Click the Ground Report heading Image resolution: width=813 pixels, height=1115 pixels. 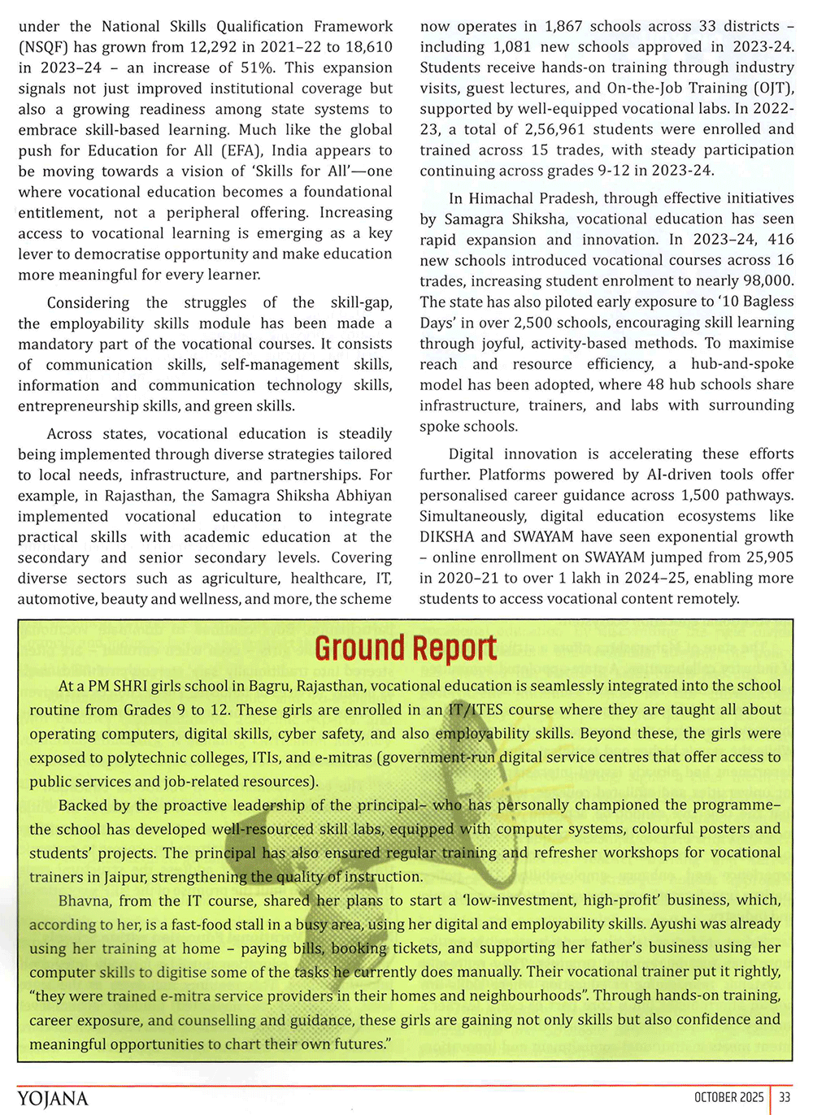tap(405, 648)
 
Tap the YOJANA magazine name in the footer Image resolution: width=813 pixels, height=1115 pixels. tap(53, 1099)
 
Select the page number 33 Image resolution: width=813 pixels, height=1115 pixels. tap(785, 1097)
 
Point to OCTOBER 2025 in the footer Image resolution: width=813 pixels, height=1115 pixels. tap(729, 1097)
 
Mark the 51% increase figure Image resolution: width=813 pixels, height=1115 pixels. tap(257, 67)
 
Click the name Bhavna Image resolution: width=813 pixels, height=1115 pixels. tap(85, 900)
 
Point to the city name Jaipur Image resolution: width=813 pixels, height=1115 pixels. tap(125, 877)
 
